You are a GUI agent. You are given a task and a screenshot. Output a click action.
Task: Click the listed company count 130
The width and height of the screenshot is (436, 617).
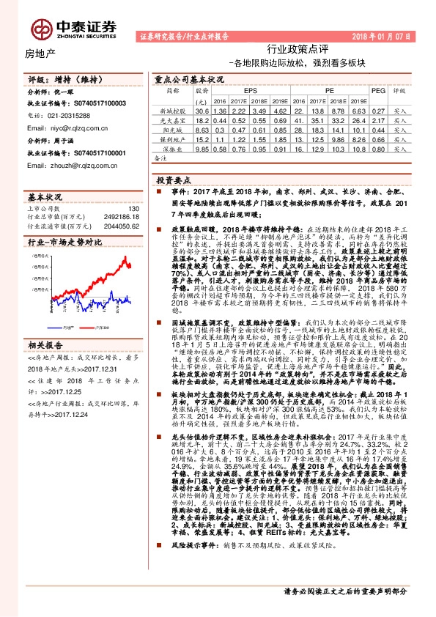point(133,208)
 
